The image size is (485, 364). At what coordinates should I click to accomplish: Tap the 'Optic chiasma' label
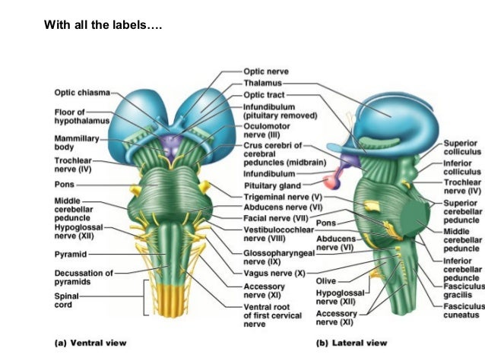(x=81, y=93)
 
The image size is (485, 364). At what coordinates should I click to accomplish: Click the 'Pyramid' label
(x=70, y=254)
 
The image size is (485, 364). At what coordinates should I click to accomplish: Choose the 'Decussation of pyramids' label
(x=82, y=277)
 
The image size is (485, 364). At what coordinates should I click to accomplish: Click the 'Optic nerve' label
(x=265, y=71)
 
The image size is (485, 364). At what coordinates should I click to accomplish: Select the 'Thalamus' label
(x=263, y=83)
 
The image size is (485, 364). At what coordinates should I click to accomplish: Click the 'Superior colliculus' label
(x=461, y=147)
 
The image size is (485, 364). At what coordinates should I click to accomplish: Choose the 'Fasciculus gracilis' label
(x=462, y=290)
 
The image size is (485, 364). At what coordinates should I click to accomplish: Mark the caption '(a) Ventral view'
(x=90, y=343)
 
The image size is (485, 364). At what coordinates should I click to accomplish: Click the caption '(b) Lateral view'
(x=350, y=343)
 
